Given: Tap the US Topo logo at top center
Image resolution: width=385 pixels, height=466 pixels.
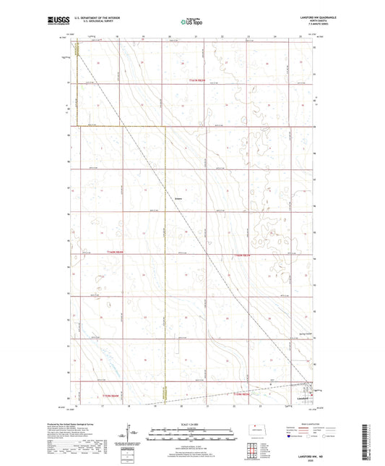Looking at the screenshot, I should click(x=192, y=22).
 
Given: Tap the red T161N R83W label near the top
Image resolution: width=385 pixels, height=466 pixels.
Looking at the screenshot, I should click(x=198, y=80).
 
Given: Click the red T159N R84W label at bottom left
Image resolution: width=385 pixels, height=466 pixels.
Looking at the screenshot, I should click(x=109, y=395).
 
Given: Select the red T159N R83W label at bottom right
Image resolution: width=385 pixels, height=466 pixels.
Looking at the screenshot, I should click(x=241, y=395).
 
